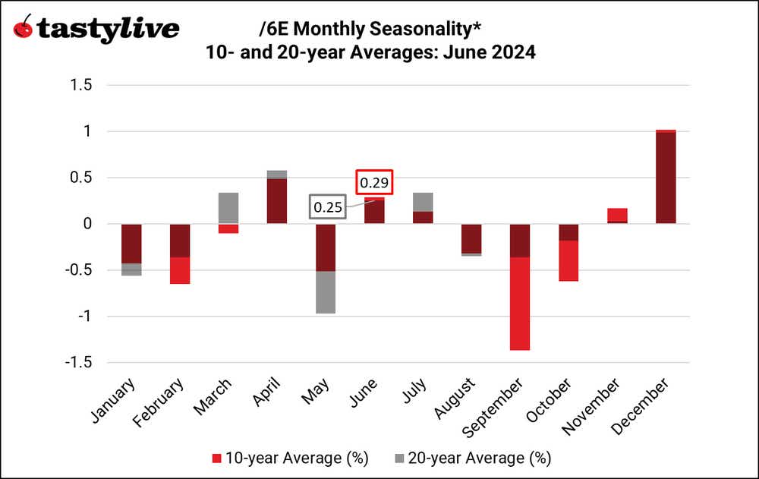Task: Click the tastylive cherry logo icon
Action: (24, 28)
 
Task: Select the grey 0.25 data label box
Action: (328, 207)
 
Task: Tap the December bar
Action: (665, 177)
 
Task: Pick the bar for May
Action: (325, 269)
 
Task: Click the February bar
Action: (180, 254)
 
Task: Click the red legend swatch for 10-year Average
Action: (216, 458)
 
